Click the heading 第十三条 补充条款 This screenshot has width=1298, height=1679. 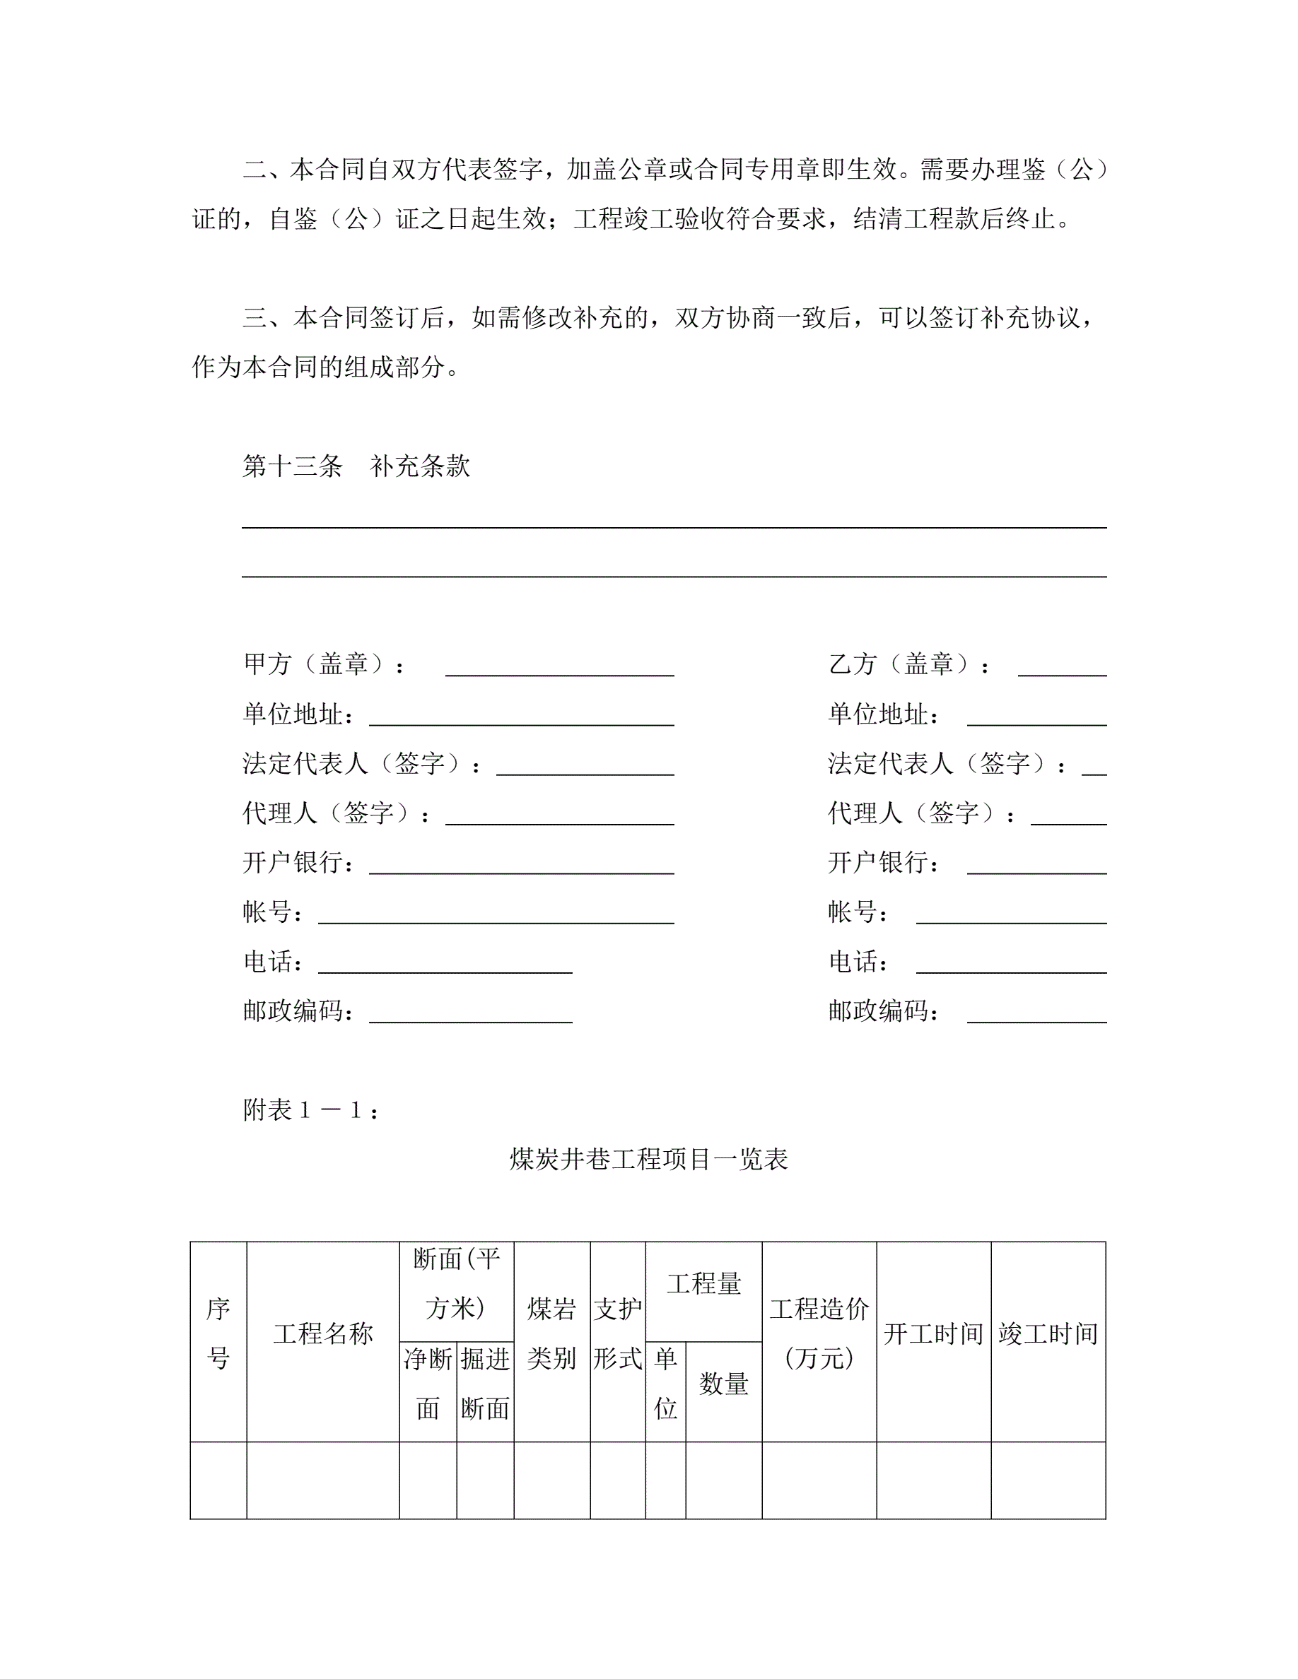pyautogui.click(x=356, y=466)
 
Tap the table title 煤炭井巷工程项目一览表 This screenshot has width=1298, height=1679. pyautogui.click(x=648, y=1158)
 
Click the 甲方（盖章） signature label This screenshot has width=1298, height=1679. pyautogui.click(x=323, y=664)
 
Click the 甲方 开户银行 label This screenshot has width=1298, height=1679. pyautogui.click(x=298, y=862)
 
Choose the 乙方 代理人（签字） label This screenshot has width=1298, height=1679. pyautogui.click(x=920, y=813)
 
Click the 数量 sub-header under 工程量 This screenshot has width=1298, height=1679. pyautogui.click(x=724, y=1384)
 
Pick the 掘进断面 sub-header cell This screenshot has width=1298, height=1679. pyautogui.click(x=484, y=1384)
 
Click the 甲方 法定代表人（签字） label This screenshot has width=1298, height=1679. pyautogui.click(x=361, y=763)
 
